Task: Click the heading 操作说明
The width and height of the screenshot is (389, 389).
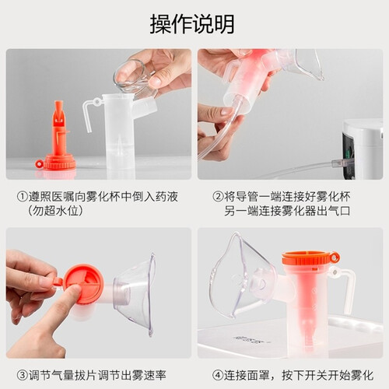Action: [192, 24]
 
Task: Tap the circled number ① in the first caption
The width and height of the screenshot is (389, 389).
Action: [23, 197]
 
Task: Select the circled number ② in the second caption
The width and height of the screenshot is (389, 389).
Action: [218, 197]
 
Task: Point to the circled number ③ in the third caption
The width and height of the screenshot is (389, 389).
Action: [23, 375]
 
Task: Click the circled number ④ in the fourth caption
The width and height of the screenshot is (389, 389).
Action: [218, 375]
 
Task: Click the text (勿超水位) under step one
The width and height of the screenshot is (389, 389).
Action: [55, 211]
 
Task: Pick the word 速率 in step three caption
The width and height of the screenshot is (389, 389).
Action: [155, 375]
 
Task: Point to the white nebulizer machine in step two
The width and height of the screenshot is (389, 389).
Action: [363, 149]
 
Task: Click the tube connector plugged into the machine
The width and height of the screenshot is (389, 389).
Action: [340, 163]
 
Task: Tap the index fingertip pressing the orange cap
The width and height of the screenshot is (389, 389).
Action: [75, 290]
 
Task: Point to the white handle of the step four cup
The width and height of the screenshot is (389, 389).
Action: [345, 289]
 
